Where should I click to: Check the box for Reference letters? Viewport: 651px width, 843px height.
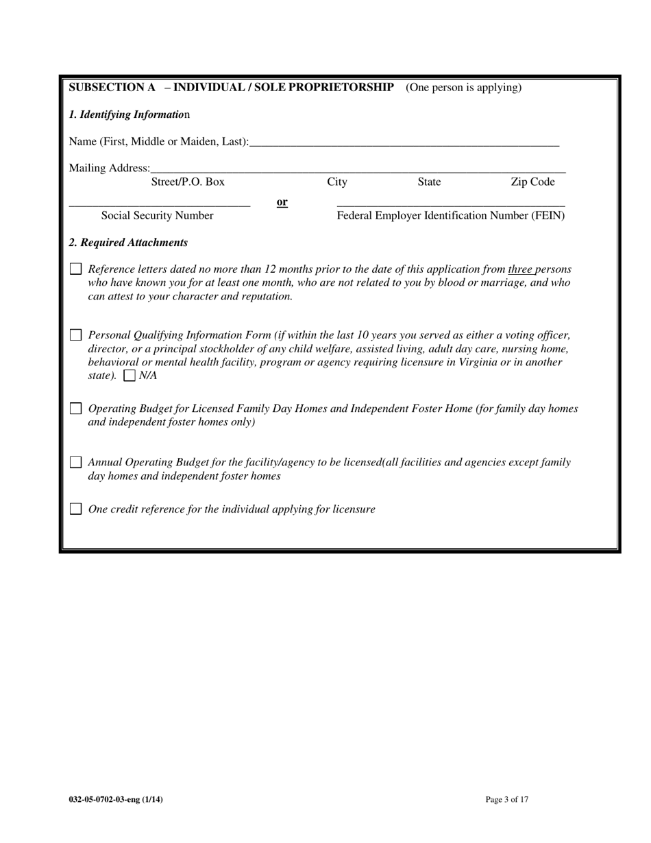75,269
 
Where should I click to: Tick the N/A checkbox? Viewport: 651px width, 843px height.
129,376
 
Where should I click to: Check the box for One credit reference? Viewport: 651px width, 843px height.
75,509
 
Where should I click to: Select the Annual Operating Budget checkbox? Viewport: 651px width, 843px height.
75,463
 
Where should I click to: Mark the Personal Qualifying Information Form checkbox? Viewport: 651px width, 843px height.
75,336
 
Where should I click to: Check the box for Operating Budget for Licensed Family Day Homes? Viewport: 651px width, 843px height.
75,409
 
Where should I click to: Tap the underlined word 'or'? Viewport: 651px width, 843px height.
282,202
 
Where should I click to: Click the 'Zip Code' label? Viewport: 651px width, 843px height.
532,182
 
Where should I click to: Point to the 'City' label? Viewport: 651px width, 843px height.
336,182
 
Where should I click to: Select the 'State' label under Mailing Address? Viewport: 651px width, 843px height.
429,182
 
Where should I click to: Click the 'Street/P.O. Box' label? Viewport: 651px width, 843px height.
187,182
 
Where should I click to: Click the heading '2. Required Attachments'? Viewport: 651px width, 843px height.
128,243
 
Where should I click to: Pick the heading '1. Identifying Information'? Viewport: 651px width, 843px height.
130,114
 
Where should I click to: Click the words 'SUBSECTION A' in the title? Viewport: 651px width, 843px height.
112,88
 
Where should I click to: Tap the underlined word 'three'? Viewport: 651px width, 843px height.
520,269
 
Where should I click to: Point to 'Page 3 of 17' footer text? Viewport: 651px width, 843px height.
506,799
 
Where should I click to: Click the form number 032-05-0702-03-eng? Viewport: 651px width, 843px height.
115,799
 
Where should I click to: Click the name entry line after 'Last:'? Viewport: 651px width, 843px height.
404,143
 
